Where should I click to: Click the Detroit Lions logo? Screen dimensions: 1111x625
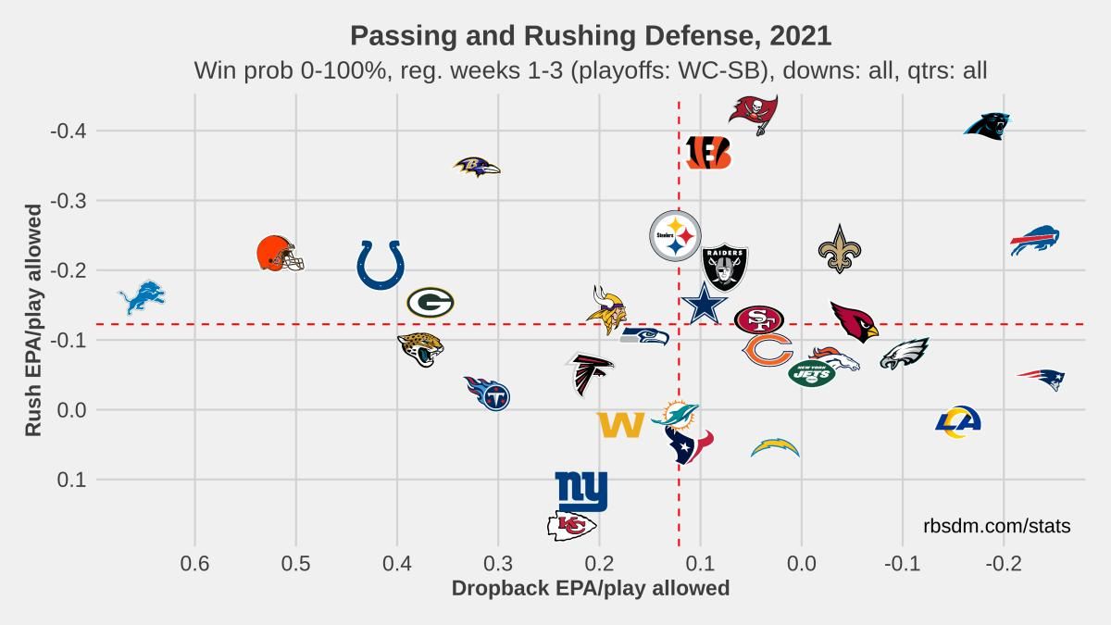point(142,297)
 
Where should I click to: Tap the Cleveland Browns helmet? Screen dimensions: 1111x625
point(280,254)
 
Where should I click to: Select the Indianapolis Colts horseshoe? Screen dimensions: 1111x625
point(381,265)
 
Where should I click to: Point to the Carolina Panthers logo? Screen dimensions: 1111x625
point(987,126)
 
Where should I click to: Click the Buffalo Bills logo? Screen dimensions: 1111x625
point(1035,240)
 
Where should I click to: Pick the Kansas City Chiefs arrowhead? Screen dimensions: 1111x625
point(571,526)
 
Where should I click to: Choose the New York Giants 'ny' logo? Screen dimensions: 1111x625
point(580,491)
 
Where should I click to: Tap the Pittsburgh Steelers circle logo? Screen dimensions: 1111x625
point(675,235)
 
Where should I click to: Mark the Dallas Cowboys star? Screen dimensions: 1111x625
point(705,304)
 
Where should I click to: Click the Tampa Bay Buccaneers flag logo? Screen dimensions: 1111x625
point(754,115)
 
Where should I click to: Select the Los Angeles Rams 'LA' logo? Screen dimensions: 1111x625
point(958,421)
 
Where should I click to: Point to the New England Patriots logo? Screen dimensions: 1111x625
point(1041,380)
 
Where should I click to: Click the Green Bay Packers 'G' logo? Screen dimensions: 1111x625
point(430,302)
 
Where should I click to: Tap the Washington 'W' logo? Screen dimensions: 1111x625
point(620,425)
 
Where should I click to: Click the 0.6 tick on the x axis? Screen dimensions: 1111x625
point(195,564)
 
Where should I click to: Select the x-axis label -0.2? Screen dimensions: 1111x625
point(1004,564)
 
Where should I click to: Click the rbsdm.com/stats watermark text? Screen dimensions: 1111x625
point(997,526)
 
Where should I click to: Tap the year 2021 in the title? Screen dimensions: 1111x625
point(800,36)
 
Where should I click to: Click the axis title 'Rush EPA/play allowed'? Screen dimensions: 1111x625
point(33,320)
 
